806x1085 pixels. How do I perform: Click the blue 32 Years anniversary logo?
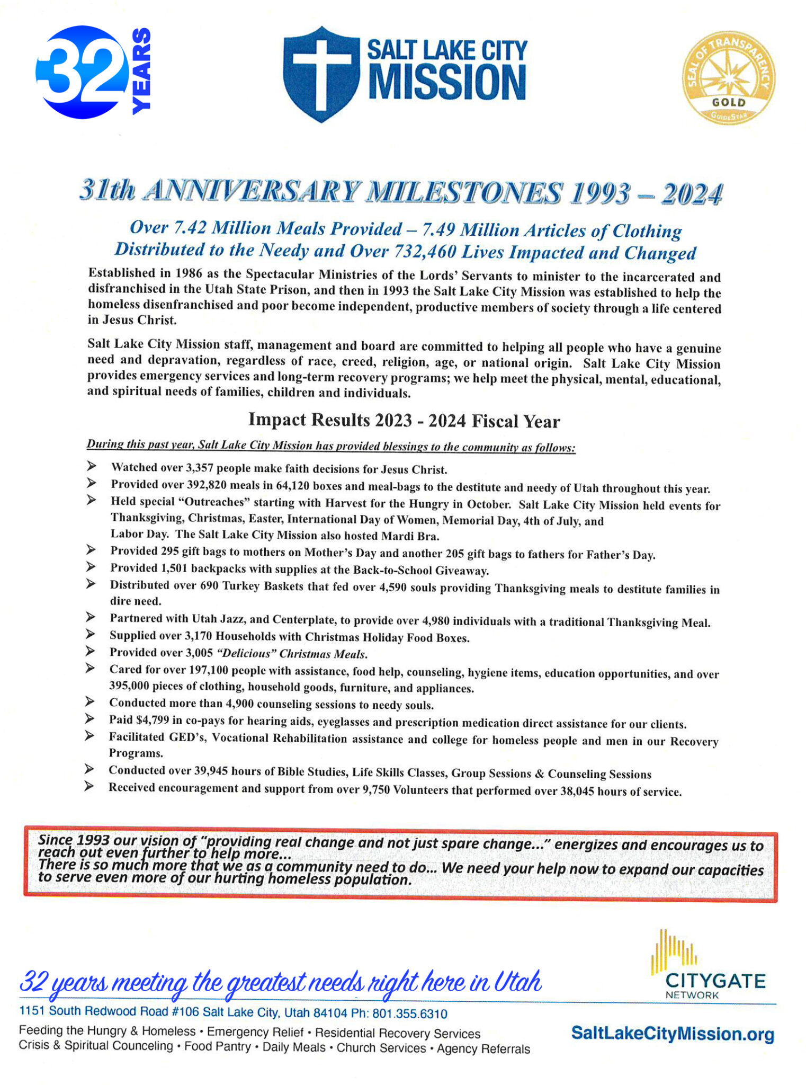tap(93, 72)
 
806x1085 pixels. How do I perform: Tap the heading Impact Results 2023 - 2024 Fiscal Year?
tap(404, 421)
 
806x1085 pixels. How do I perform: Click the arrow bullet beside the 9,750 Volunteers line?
tap(89, 787)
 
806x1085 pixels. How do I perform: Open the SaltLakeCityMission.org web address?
tap(673, 1034)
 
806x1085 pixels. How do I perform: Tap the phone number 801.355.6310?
tap(409, 1013)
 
